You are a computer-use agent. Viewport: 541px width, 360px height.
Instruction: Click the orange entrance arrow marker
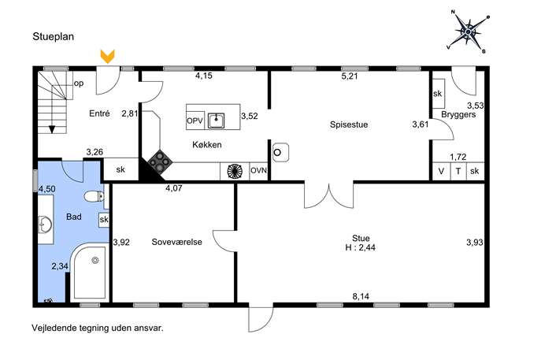click(x=108, y=57)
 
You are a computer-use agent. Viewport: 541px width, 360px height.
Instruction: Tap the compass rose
click(x=468, y=32)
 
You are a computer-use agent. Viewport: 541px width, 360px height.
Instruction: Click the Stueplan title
click(x=53, y=36)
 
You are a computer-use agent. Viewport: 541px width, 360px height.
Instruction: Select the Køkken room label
click(x=207, y=145)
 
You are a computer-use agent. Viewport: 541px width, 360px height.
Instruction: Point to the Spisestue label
click(x=349, y=124)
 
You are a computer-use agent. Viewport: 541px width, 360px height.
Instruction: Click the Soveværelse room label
click(x=176, y=242)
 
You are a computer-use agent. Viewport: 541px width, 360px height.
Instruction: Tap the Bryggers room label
click(x=458, y=114)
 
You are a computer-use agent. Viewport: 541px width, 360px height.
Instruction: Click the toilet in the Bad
click(x=94, y=196)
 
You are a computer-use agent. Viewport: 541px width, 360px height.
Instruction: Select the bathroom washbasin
click(x=45, y=225)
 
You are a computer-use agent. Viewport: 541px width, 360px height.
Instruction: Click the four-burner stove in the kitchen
click(x=160, y=161)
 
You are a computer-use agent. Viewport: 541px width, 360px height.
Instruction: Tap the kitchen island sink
click(x=217, y=121)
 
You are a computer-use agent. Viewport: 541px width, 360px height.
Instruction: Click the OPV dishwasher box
click(x=195, y=121)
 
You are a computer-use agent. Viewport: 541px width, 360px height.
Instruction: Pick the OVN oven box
click(x=258, y=170)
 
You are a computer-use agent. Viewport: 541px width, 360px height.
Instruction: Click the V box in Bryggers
click(x=441, y=171)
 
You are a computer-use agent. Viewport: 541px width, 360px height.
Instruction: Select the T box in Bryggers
click(x=458, y=171)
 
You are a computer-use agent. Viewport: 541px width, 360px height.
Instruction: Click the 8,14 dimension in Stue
click(x=361, y=296)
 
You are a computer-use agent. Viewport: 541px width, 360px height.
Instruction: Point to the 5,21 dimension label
click(x=350, y=76)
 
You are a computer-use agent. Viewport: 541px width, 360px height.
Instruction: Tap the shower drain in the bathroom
click(x=95, y=261)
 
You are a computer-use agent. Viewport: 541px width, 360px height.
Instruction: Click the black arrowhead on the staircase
click(x=52, y=129)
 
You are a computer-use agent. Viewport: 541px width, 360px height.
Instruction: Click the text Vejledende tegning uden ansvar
click(x=98, y=328)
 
